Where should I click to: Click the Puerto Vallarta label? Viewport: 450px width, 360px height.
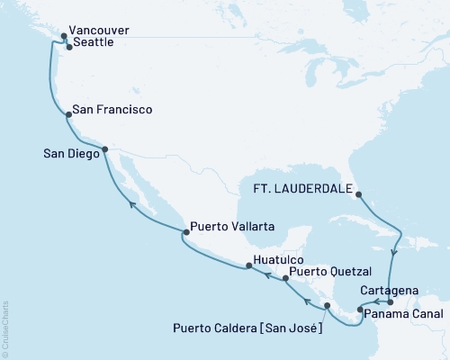click(231, 227)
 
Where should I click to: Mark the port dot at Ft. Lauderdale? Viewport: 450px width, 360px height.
click(357, 193)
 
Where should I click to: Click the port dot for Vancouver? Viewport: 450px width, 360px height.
click(63, 37)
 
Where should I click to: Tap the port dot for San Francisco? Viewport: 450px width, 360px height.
click(68, 114)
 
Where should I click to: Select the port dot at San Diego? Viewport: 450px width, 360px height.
click(104, 149)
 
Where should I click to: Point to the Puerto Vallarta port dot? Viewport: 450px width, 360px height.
click(185, 232)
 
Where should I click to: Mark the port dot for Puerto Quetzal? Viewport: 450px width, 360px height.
click(285, 279)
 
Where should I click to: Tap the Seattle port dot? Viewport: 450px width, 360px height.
click(69, 47)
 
